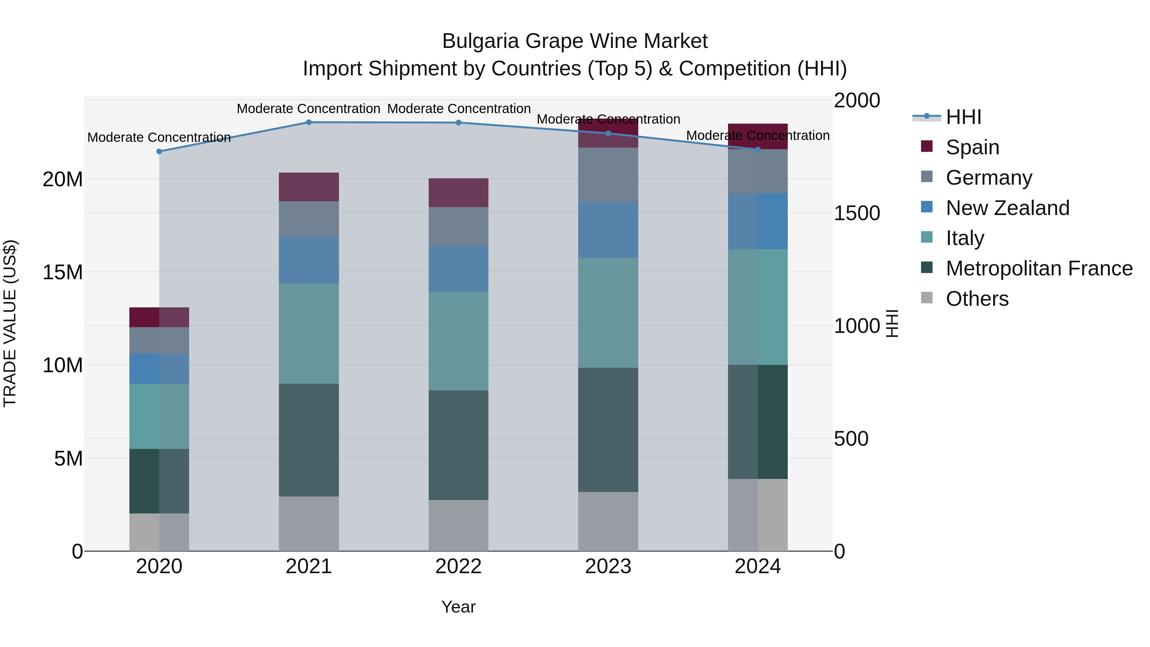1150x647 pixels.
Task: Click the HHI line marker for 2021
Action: pos(309,122)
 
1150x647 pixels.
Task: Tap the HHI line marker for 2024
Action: pos(758,150)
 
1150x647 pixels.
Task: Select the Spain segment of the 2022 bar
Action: pos(458,192)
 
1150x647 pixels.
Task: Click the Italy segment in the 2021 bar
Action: pos(309,333)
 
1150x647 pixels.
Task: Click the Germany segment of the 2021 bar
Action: pos(309,219)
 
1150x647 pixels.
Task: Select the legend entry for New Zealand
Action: pos(1007,208)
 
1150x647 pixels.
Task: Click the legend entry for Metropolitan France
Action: pos(1039,268)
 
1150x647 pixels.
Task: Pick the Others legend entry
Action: pos(977,299)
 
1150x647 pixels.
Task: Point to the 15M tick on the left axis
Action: pos(63,272)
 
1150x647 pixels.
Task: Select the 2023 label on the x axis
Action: pos(608,566)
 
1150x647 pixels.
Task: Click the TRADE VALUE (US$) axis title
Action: pos(10,323)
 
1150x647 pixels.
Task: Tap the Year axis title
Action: pos(458,607)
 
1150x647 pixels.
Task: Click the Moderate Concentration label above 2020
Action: pos(159,137)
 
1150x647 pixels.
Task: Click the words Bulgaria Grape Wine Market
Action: pos(575,41)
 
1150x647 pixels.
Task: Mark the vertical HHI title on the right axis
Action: pos(892,323)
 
